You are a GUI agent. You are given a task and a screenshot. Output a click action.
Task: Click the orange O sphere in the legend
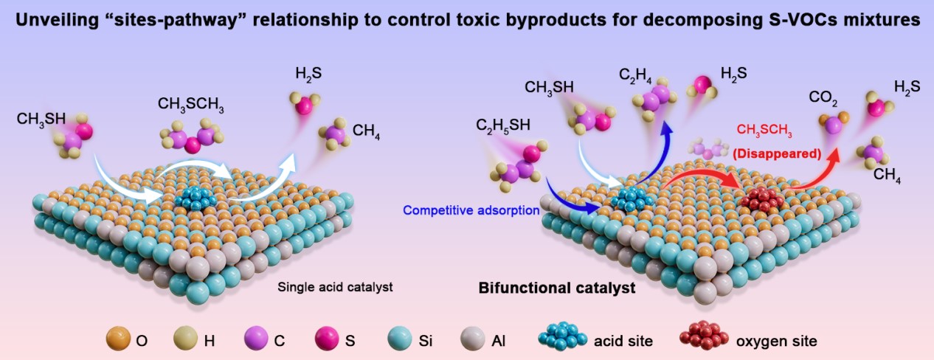point(118,340)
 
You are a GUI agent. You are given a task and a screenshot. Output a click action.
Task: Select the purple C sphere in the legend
point(255,340)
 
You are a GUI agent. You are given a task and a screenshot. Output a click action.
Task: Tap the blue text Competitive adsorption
point(471,210)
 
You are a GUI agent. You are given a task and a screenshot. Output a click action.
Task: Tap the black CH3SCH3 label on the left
point(191,105)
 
